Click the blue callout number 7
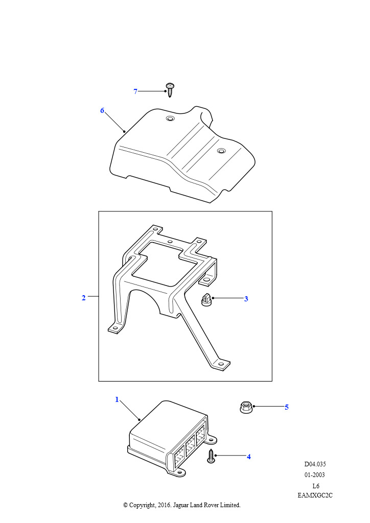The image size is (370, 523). (x=135, y=91)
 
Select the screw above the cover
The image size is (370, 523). (x=170, y=90)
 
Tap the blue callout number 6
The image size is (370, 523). (x=102, y=110)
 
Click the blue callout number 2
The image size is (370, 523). (x=84, y=298)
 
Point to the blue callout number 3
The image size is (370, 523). (x=246, y=299)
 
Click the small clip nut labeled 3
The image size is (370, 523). (x=206, y=299)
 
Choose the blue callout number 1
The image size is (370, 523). (x=117, y=399)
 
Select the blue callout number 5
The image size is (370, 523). (x=287, y=407)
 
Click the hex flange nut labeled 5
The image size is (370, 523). (x=246, y=407)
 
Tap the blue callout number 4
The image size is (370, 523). (x=248, y=457)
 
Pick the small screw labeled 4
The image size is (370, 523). (x=211, y=456)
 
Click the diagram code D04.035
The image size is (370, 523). (x=315, y=464)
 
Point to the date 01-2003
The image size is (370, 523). (x=315, y=475)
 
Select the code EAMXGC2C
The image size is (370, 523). (x=315, y=495)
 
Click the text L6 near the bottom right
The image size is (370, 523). (x=316, y=486)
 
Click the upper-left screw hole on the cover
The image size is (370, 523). (x=170, y=118)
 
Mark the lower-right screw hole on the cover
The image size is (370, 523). (x=221, y=151)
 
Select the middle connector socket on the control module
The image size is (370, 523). (x=190, y=446)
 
